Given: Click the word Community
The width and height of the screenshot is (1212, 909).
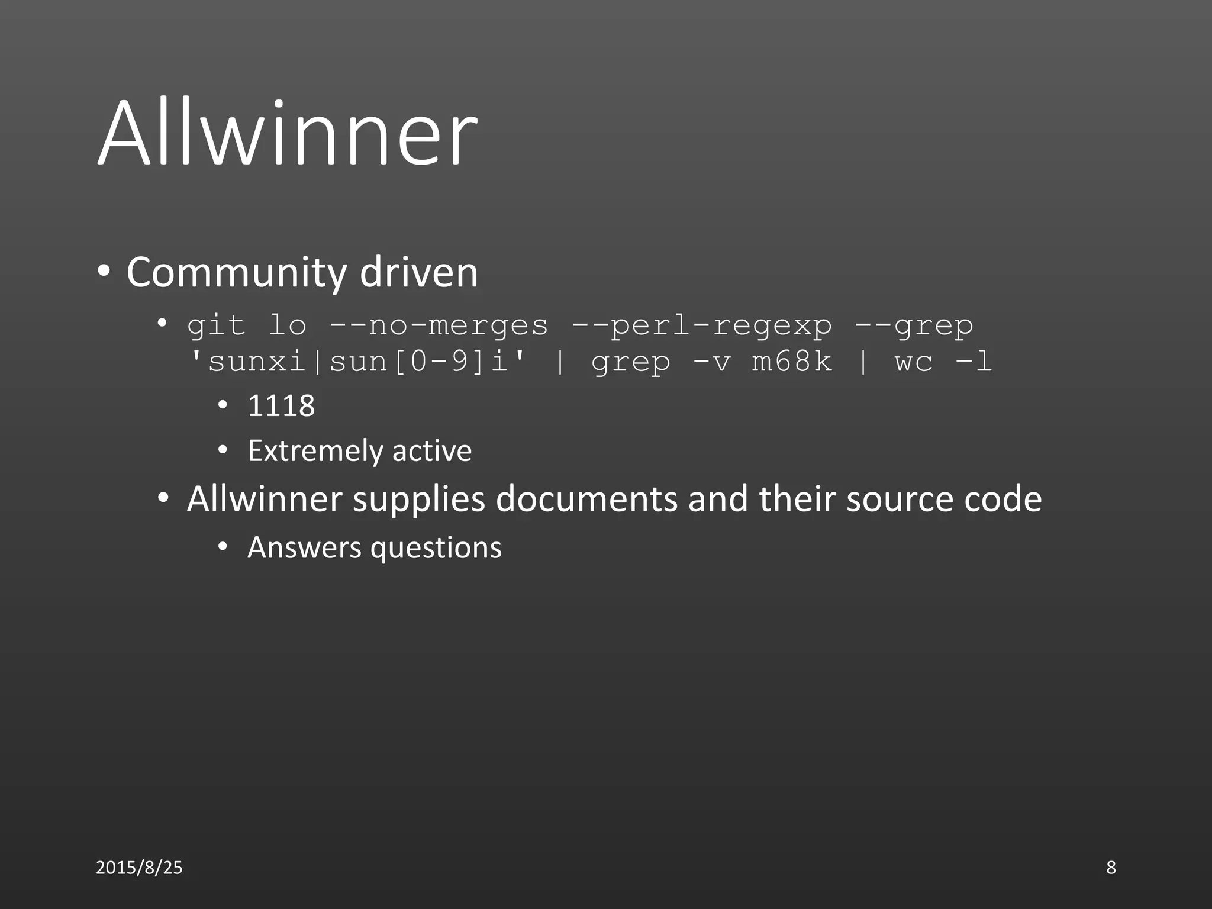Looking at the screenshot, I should point(236,273).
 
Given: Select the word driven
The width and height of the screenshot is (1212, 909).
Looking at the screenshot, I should point(418,273).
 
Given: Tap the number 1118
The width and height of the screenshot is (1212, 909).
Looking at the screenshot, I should point(281,406).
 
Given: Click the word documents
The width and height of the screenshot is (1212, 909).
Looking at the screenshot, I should point(586,499).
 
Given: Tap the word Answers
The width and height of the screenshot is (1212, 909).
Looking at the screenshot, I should point(304,547).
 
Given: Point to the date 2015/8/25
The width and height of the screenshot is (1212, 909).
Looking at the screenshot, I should point(139,868).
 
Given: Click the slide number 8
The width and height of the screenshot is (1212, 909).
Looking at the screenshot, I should point(1111,868).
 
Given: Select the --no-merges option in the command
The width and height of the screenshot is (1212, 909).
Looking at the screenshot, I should point(439,325).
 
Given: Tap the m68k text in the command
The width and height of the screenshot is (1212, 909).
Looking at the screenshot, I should point(791,362).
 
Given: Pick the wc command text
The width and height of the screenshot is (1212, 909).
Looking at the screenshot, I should point(913,362).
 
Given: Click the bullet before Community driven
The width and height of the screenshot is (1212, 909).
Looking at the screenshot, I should point(104,272).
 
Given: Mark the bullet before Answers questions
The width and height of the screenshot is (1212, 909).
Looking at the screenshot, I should point(223,547).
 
